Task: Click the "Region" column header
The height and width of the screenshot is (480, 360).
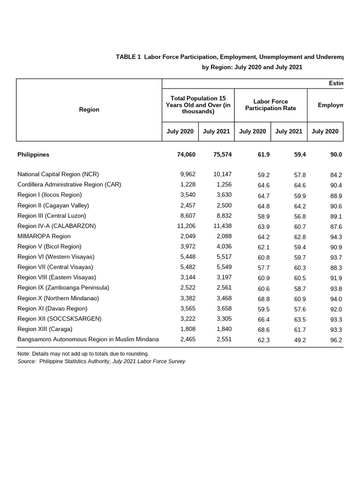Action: point(89,109)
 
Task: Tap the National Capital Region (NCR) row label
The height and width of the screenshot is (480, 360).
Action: point(58,174)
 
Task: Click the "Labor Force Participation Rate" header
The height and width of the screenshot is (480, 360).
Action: point(270,105)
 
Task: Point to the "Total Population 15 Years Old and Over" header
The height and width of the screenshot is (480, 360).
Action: point(198,105)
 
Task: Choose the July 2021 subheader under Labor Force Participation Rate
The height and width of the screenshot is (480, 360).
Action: point(289,131)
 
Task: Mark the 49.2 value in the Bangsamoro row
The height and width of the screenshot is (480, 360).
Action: point(300,340)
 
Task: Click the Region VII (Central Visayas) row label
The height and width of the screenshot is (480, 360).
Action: point(56,267)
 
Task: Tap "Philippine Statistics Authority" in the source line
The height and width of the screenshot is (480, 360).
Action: point(75,361)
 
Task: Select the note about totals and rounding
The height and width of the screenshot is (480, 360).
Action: point(83,353)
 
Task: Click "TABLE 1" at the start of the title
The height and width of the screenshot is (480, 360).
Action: point(128,57)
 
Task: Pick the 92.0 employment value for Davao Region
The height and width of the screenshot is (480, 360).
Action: point(336,309)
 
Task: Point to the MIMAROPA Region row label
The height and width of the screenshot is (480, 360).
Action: point(44,236)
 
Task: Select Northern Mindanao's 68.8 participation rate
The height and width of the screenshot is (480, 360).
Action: point(263,299)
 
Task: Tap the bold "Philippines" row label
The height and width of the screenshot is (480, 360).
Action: point(33,154)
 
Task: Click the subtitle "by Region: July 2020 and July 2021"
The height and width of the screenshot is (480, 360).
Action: point(252,67)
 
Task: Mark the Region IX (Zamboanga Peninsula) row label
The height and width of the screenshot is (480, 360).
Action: point(63,288)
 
